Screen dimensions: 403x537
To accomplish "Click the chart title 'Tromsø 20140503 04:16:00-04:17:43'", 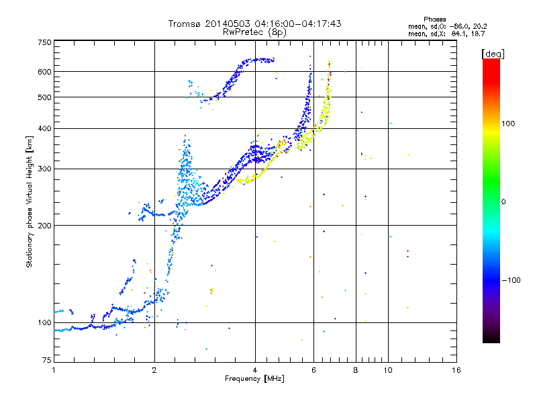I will [254, 24].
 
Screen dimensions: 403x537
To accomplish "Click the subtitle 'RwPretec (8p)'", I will [254, 32].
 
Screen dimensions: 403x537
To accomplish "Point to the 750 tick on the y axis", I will [45, 42].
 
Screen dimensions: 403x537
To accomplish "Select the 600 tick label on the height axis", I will [45, 72].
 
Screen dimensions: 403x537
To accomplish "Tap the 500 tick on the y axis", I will [45, 97].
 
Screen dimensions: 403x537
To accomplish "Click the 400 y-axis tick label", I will [45, 129].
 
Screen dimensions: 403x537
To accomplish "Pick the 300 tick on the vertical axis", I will [45, 169].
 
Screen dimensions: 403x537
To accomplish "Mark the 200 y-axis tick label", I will [45, 226].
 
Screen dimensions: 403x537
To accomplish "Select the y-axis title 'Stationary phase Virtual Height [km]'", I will [30, 202].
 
